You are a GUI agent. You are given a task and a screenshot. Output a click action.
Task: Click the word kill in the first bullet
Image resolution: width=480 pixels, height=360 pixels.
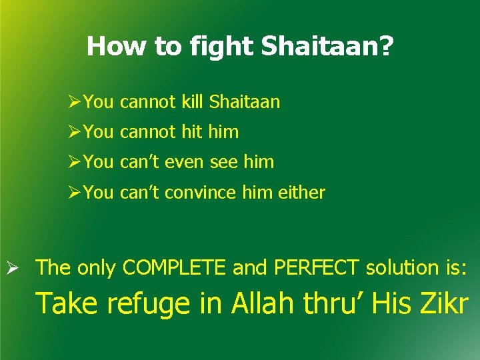coord(192,102)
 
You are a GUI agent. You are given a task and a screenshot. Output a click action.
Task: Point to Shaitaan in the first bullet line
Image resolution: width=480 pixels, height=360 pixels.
coord(245,102)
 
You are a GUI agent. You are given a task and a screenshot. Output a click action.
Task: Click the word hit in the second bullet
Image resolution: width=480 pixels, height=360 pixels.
coord(191,132)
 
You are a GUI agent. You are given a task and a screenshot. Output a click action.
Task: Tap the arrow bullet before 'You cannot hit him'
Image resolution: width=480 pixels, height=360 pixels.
coord(75,132)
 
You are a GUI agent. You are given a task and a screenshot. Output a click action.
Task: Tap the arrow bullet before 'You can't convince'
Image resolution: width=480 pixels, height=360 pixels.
coord(75,193)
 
